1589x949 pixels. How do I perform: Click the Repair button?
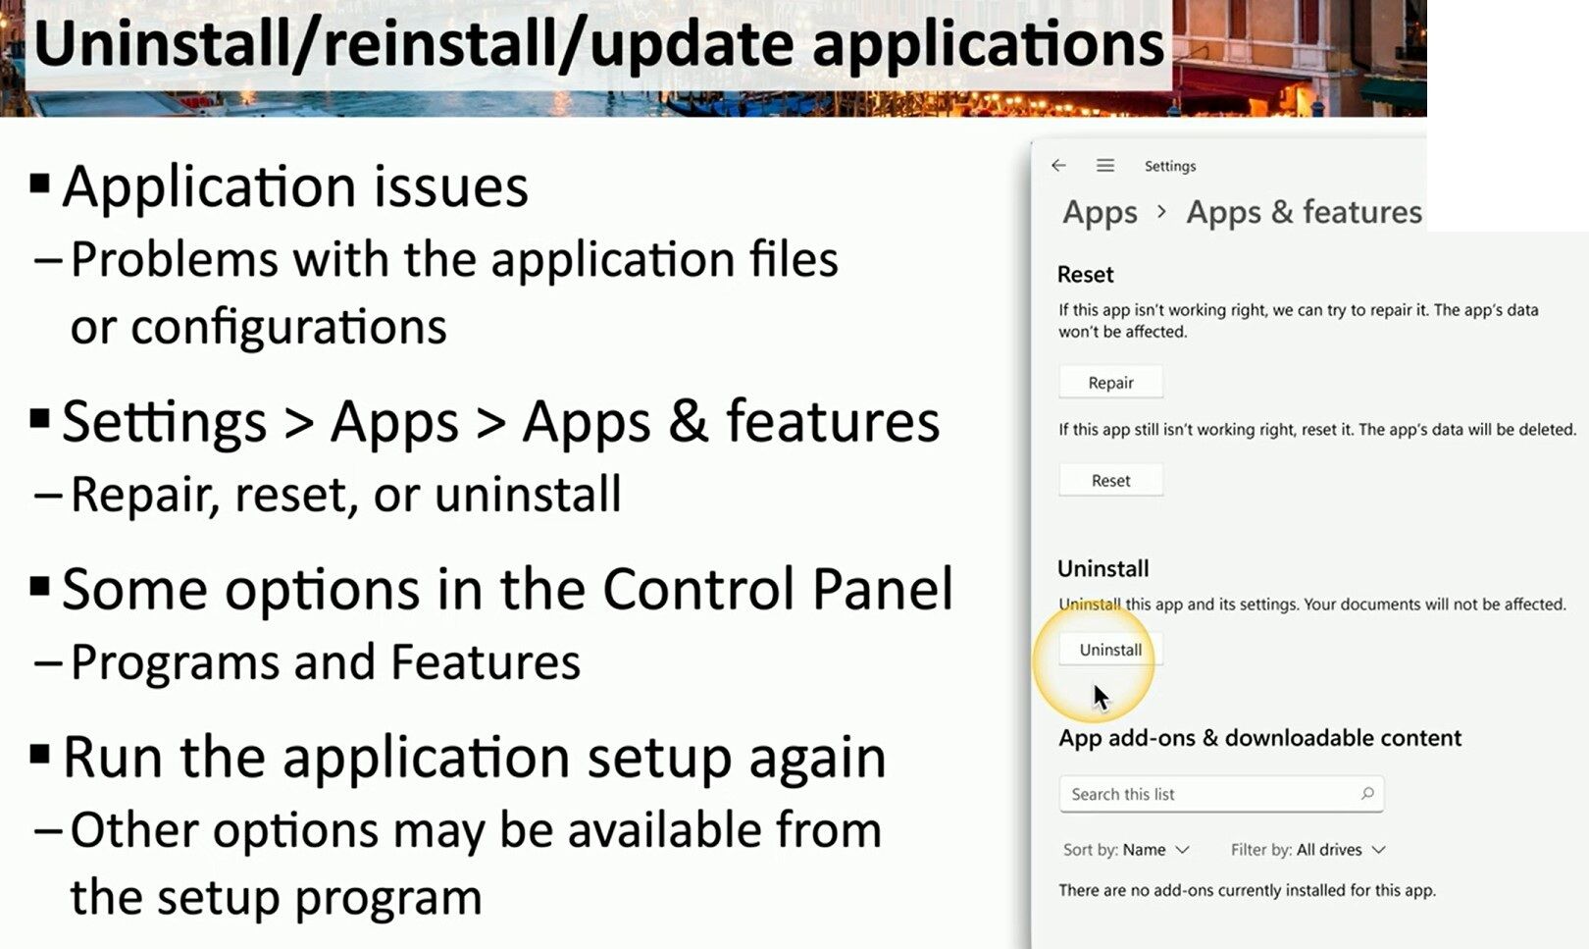(x=1110, y=383)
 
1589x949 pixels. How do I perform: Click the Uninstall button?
(x=1110, y=650)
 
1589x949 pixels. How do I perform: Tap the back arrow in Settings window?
(x=1059, y=166)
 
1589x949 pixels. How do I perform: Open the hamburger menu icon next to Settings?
(x=1105, y=166)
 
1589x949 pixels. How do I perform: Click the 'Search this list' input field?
(x=1221, y=794)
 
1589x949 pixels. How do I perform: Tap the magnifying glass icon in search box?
(x=1367, y=793)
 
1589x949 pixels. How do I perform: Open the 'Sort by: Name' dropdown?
(x=1126, y=850)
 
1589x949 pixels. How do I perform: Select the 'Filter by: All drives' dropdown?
(x=1307, y=850)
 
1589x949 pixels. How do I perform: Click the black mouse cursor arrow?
(x=1101, y=697)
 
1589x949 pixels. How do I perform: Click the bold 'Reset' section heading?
(x=1086, y=274)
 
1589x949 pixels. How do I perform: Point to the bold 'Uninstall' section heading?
(x=1103, y=568)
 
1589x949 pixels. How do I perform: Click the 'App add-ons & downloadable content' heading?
(x=1259, y=738)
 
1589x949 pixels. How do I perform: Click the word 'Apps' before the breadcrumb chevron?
(x=1100, y=213)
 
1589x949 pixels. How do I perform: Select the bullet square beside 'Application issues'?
(x=39, y=184)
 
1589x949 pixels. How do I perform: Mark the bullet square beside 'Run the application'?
(x=39, y=754)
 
